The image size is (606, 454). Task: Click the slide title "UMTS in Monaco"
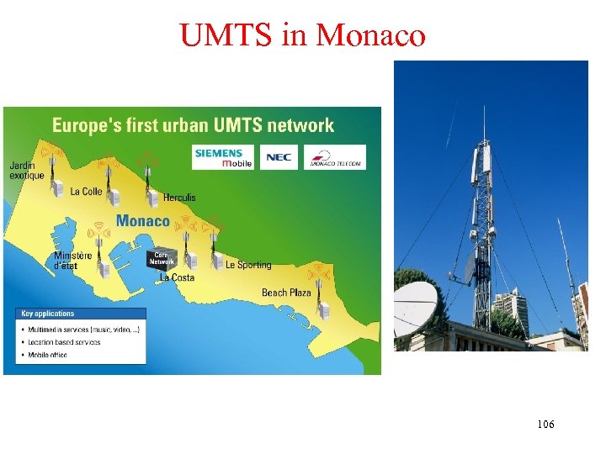coord(302,36)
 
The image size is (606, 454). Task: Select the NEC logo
coord(279,157)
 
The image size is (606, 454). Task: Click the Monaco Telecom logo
coord(335,157)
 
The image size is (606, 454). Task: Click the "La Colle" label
coord(86,192)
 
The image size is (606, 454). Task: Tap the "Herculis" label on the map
coord(179,198)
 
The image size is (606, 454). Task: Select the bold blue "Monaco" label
coord(142,221)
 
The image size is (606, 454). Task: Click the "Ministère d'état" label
coord(73,261)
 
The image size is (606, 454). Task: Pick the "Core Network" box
coord(162,259)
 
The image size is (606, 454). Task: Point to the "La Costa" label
coord(177,277)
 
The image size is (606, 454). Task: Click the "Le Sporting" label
coord(248,265)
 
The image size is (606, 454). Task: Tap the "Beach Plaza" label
coord(286,293)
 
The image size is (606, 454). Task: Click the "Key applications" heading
coord(49,314)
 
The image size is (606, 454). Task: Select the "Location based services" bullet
coord(71,342)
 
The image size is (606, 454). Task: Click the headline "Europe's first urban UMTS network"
coord(193,126)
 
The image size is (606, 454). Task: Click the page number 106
coord(545,425)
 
